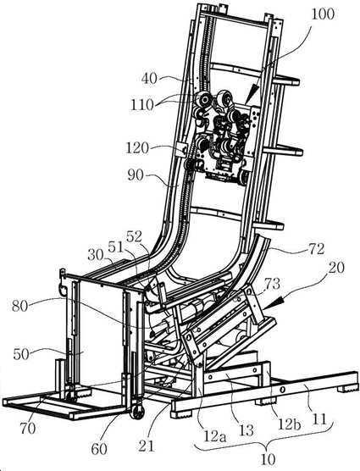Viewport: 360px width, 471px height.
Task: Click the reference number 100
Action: point(322,14)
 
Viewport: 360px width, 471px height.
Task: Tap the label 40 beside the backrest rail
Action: point(150,79)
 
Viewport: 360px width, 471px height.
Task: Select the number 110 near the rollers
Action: point(142,105)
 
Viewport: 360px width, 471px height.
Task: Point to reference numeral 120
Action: point(137,148)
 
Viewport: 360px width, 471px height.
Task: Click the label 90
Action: point(136,175)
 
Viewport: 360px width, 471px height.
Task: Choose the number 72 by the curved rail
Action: point(315,249)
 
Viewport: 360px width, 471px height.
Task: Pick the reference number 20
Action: point(335,268)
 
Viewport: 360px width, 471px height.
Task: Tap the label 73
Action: point(272,283)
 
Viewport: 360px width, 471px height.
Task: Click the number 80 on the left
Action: point(20,307)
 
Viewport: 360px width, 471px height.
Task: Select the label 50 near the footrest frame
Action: point(21,354)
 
